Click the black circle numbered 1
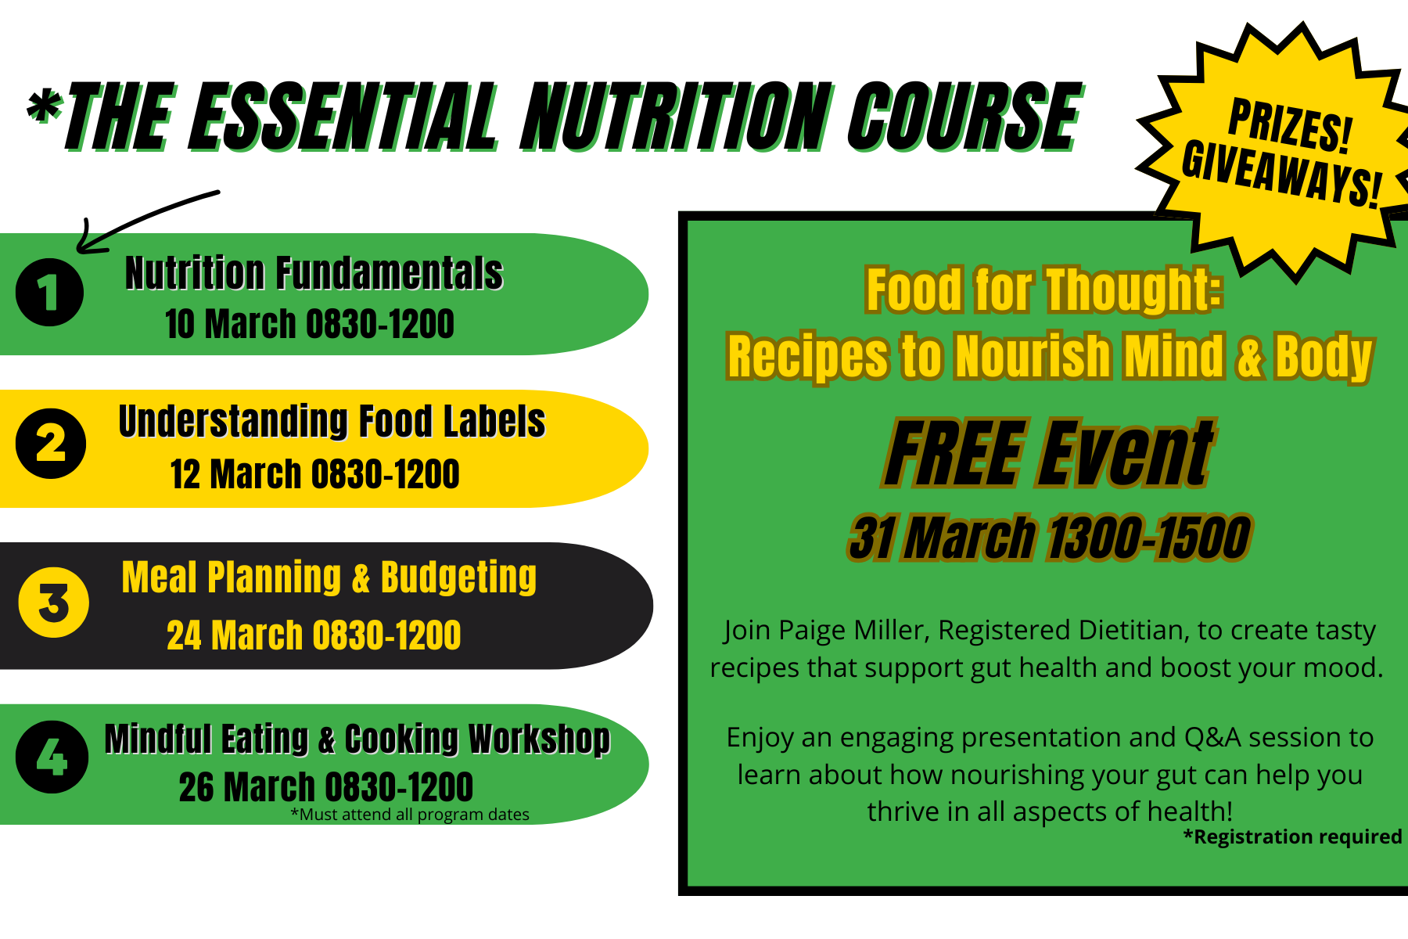coord(49,293)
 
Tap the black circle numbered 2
coord(51,444)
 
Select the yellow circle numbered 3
coord(54,603)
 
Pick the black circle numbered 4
coord(52,757)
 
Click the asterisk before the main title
coord(45,109)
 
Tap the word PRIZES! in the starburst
coord(1290,125)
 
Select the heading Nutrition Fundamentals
coord(314,273)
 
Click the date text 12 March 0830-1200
coord(314,474)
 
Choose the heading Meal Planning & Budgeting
coord(329,578)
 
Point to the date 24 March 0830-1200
coord(314,635)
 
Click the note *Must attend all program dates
coord(410,815)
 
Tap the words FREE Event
coord(1049,453)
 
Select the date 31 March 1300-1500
coord(1050,538)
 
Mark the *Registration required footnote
coord(1292,836)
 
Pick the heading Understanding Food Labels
coord(332,422)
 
